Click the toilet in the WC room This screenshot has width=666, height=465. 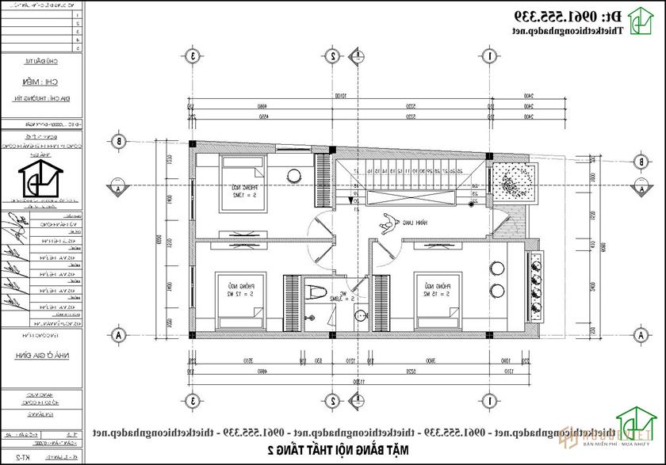316,291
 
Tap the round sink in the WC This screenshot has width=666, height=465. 361,315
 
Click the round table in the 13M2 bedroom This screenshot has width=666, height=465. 293,175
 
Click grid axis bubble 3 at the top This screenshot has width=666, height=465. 192,55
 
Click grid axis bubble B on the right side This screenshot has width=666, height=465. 639,162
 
